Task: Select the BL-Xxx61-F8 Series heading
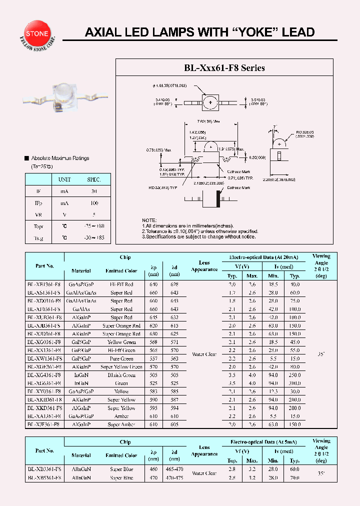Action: [x=224, y=67]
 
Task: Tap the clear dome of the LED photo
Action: [x=66, y=93]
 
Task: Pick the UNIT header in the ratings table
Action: [x=64, y=179]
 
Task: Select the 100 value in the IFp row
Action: [x=93, y=203]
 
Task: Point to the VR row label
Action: [x=38, y=214]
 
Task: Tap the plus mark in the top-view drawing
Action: [x=210, y=102]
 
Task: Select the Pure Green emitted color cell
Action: [x=121, y=358]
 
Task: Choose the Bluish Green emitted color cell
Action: [x=121, y=375]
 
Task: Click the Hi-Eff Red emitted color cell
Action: [x=121, y=284]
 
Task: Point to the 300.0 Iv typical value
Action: [x=294, y=383]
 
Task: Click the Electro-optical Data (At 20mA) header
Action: [x=263, y=257]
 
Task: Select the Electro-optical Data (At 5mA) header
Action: [x=263, y=442]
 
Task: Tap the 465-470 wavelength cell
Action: [x=174, y=469]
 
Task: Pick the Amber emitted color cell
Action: [x=121, y=416]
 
